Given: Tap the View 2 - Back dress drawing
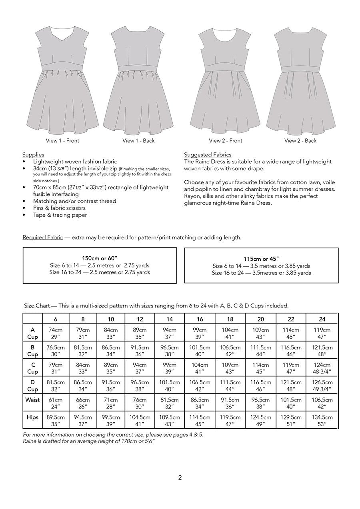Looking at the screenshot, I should click(x=300, y=80).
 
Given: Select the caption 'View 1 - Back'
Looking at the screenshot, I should click(x=138, y=141).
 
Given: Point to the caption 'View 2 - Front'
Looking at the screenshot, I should click(x=226, y=141).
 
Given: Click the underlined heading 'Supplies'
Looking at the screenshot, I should click(x=33, y=155).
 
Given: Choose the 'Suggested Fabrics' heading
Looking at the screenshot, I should click(x=208, y=155).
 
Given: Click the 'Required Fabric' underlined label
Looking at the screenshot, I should click(x=43, y=238).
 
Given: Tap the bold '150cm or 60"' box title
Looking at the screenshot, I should click(x=100, y=258).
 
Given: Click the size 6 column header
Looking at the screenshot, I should click(x=56, y=319).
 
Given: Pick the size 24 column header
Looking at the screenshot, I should click(x=322, y=319).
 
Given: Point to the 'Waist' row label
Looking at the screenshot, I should click(x=32, y=400).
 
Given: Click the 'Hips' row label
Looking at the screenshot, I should click(x=32, y=417).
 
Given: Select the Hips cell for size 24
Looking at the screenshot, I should click(x=322, y=421).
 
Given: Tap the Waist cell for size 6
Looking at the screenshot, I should click(x=56, y=403).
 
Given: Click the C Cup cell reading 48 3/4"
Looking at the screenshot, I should click(x=322, y=368).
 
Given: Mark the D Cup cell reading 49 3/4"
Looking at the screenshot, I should click(x=322, y=386).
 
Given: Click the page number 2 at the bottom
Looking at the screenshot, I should click(x=180, y=477).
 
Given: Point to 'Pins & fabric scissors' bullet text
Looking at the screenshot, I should click(x=59, y=208).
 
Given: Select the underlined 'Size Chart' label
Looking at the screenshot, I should click(x=37, y=306).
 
